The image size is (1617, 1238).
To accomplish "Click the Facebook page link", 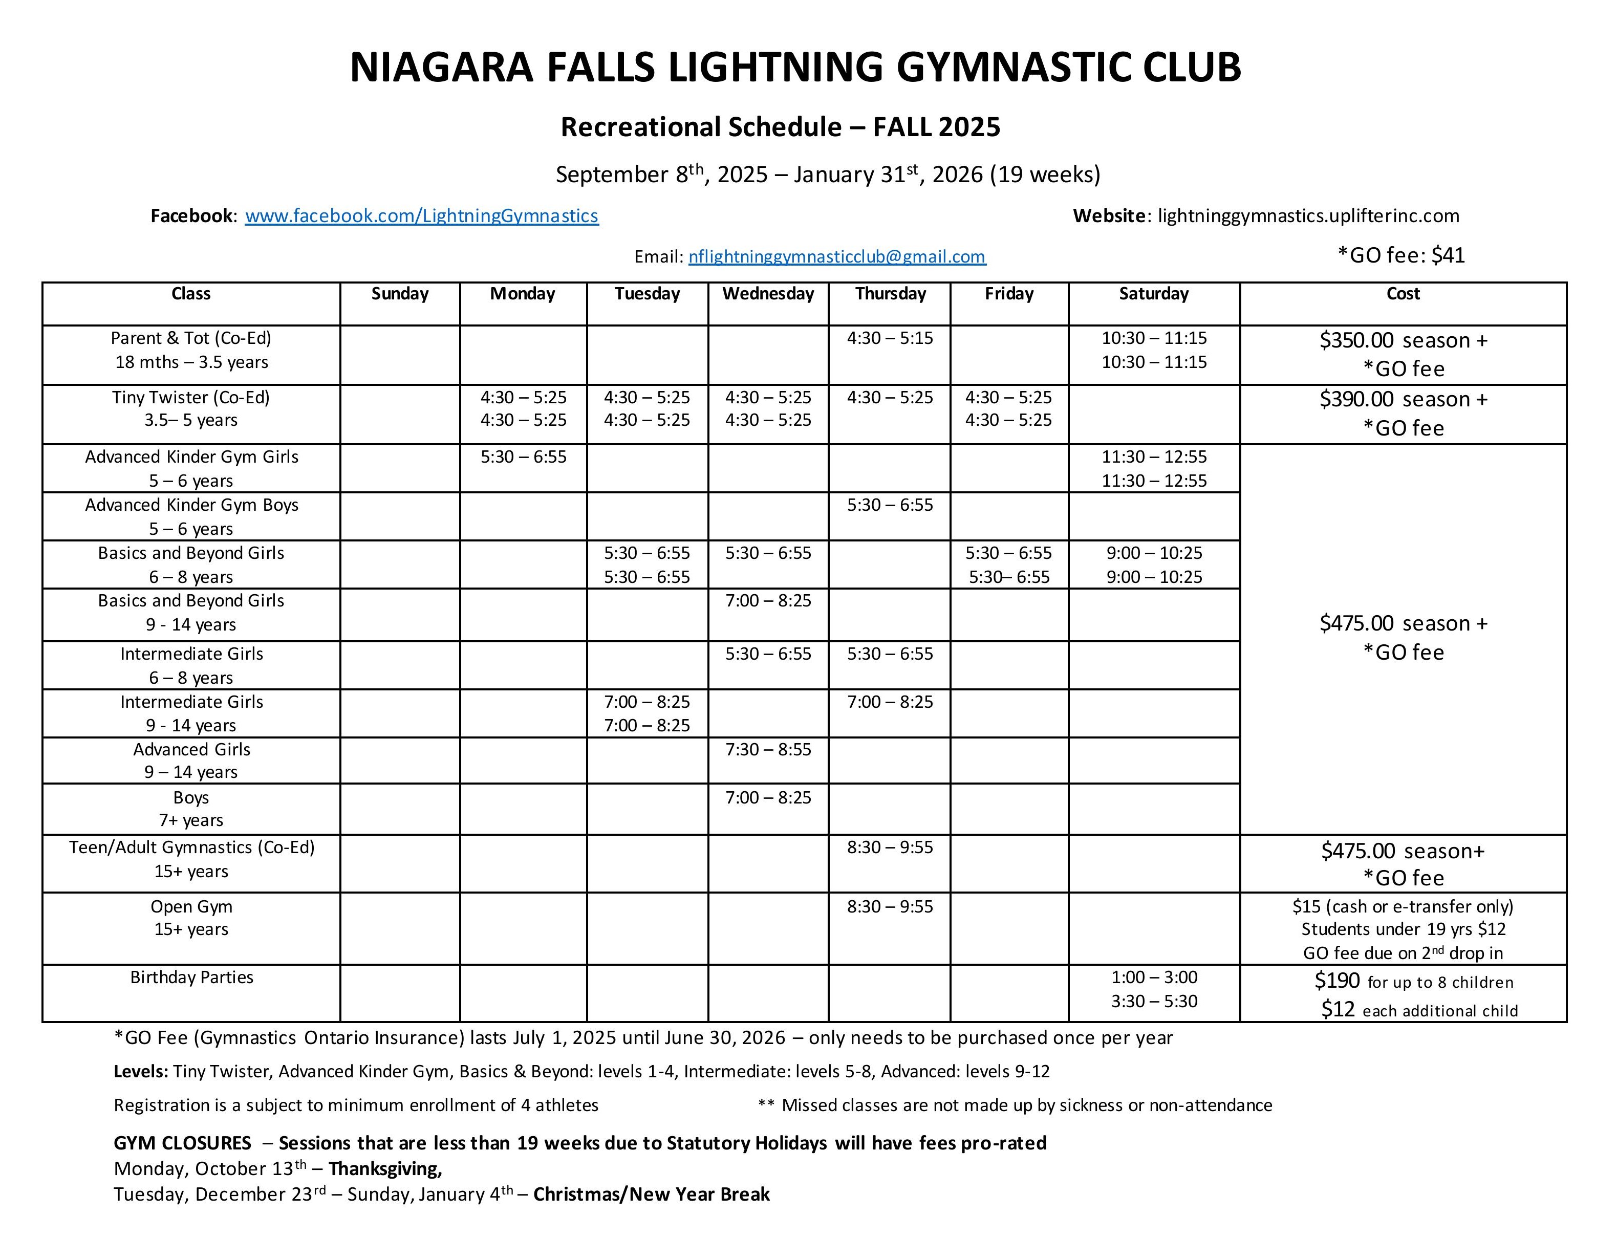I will tap(422, 216).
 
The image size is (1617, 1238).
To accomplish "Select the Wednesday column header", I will tap(768, 294).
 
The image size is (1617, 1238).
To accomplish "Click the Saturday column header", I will tap(1153, 294).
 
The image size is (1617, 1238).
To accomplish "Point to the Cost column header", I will tap(1403, 294).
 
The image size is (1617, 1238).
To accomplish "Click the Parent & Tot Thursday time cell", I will tap(890, 338).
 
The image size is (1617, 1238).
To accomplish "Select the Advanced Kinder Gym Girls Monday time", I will tap(523, 457).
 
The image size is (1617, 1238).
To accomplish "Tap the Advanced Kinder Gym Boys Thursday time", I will tap(890, 505).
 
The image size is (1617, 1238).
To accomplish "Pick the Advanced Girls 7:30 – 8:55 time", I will tap(768, 749).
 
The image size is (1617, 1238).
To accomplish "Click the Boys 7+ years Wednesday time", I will tap(768, 797).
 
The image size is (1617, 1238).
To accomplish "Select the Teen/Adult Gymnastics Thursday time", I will tap(890, 848).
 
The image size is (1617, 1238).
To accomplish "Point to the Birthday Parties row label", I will tap(191, 977).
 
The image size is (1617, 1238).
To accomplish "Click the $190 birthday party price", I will tap(1338, 981).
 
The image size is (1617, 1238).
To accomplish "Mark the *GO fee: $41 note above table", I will tap(1400, 255).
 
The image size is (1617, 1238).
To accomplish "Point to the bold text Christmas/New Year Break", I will tap(652, 1194).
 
